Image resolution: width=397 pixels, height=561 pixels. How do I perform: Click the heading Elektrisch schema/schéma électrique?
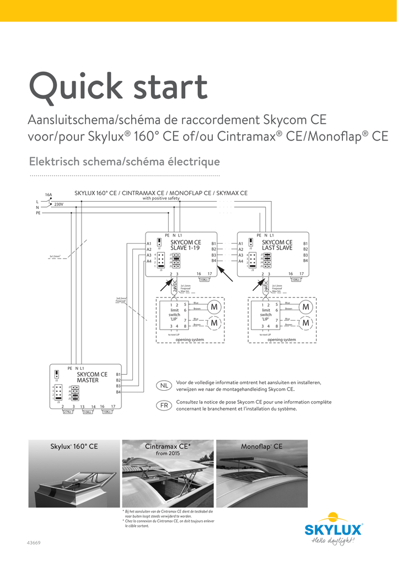tap(124, 161)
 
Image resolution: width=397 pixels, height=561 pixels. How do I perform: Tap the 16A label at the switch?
tap(49, 195)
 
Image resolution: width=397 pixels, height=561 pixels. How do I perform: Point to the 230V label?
tap(59, 204)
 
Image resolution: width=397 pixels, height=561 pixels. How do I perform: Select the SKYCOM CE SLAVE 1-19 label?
tap(185, 245)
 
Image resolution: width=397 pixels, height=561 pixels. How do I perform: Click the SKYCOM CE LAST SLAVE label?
tap(277, 245)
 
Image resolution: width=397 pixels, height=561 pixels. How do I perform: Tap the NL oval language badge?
tap(164, 386)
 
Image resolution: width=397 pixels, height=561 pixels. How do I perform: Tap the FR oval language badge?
tap(164, 406)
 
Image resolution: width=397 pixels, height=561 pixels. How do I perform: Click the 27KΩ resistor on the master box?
tap(67, 412)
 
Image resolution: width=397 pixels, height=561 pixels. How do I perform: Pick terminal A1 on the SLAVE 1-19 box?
tap(149, 244)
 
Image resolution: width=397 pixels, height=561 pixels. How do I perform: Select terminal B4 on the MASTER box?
tap(118, 392)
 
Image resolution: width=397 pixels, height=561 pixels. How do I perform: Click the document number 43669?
tap(34, 543)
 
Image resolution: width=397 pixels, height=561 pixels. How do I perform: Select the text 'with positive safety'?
tap(161, 198)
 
